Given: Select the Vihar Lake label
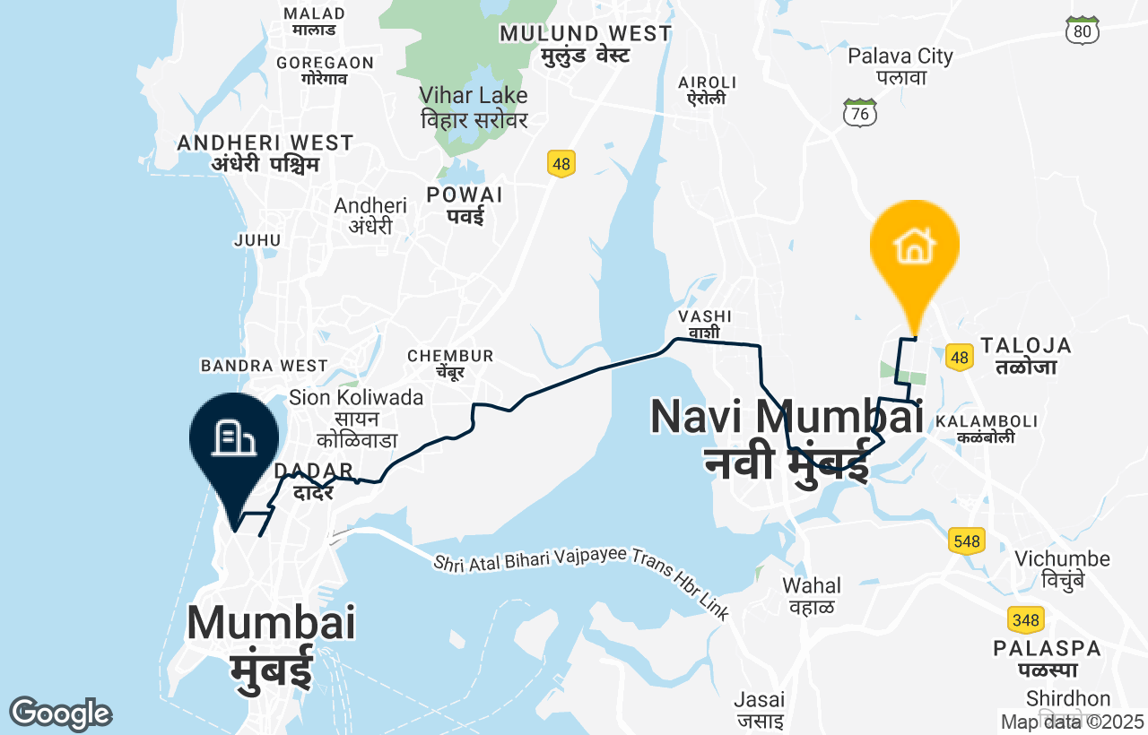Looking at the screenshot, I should click(x=474, y=106).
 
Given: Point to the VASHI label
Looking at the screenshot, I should click(x=705, y=324).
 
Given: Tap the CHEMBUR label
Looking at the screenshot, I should click(x=450, y=363).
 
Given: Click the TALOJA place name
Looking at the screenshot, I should click(x=1026, y=355).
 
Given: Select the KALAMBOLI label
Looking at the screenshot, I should click(x=986, y=428).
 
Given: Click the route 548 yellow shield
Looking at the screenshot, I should click(x=966, y=540).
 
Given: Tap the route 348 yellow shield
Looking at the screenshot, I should click(x=1025, y=619).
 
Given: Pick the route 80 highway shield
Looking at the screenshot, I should click(x=1083, y=30).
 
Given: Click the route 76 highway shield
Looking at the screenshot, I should click(x=860, y=113).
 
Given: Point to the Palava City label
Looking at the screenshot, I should click(x=900, y=65).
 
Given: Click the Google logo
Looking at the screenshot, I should click(x=60, y=713).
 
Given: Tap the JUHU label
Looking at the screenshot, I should click(x=257, y=240).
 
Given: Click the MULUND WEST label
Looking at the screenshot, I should click(x=585, y=43).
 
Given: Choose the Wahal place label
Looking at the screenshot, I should click(x=812, y=595).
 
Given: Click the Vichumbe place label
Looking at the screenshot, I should click(x=1062, y=568).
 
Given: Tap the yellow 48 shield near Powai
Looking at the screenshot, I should click(x=561, y=164).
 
